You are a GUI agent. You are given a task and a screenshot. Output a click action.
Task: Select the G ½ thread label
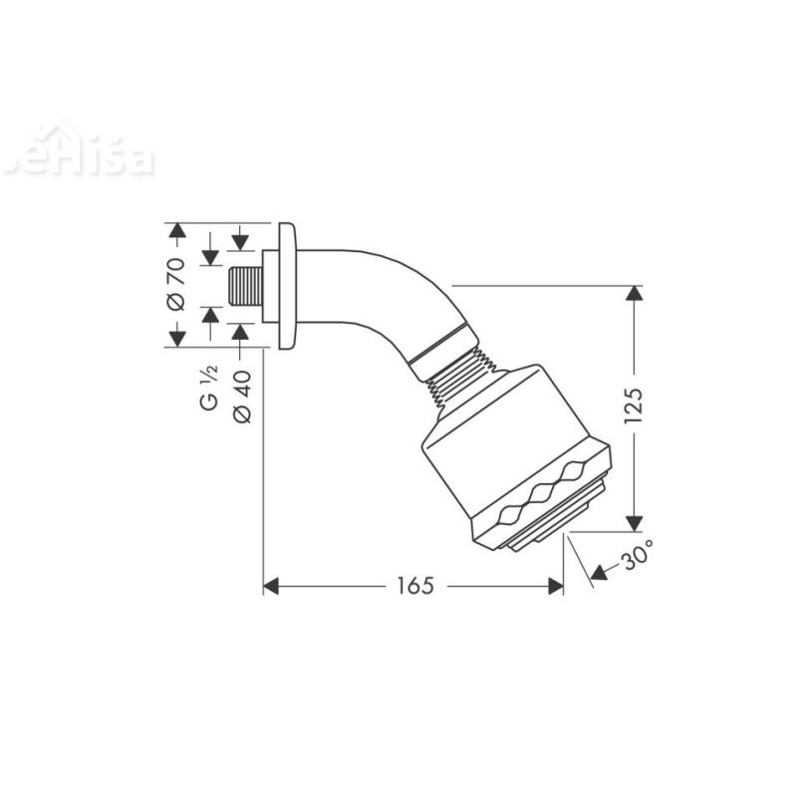(x=209, y=389)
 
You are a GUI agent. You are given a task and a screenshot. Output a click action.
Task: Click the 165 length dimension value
(x=412, y=587)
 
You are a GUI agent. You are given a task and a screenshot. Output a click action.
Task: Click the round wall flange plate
(x=288, y=287)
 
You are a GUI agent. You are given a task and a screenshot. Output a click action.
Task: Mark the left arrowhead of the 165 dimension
(x=270, y=587)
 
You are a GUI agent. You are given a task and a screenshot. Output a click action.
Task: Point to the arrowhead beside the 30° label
(x=598, y=572)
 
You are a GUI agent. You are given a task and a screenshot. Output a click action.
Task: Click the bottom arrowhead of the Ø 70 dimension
(x=176, y=339)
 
